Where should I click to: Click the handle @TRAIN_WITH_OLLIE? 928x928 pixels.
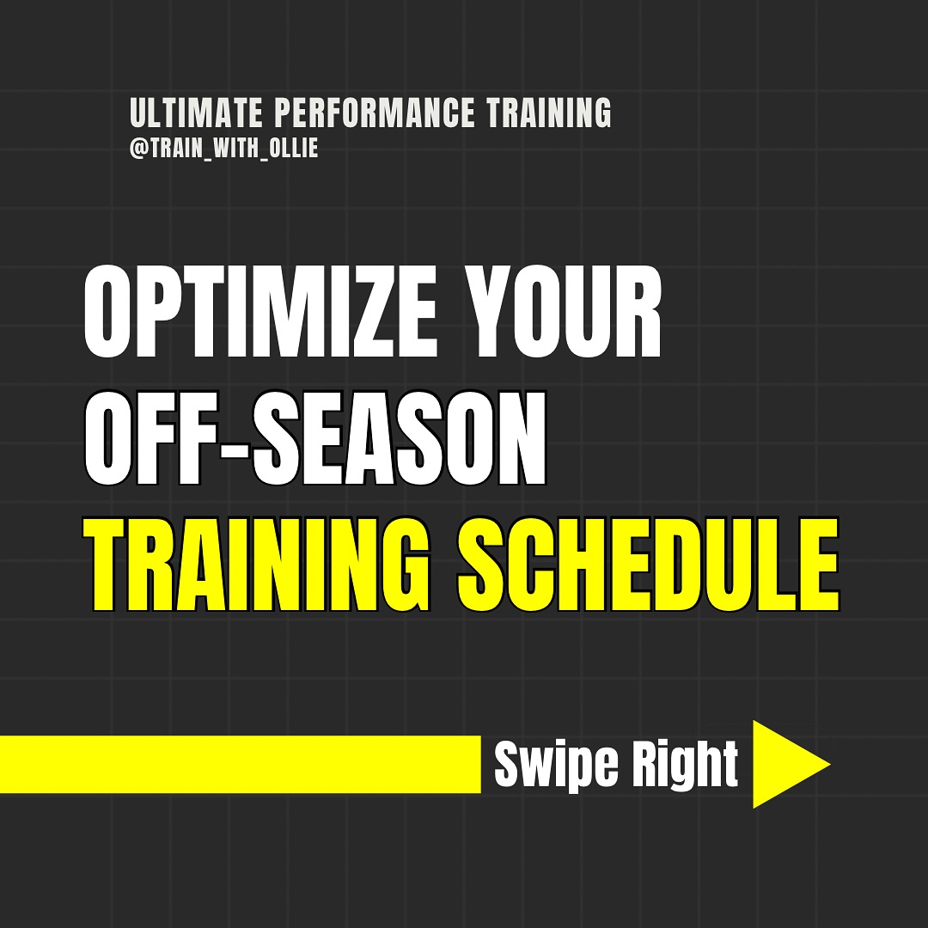pyautogui.click(x=223, y=148)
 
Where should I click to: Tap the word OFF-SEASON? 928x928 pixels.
pyautogui.click(x=315, y=443)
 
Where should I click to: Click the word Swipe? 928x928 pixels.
pyautogui.click(x=543, y=764)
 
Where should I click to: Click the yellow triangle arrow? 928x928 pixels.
pyautogui.click(x=784, y=764)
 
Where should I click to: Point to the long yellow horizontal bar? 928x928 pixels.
pyautogui.click(x=240, y=764)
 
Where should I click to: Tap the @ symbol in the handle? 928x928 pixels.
pyautogui.click(x=137, y=148)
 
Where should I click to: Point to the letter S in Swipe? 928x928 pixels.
pyautogui.click(x=509, y=764)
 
